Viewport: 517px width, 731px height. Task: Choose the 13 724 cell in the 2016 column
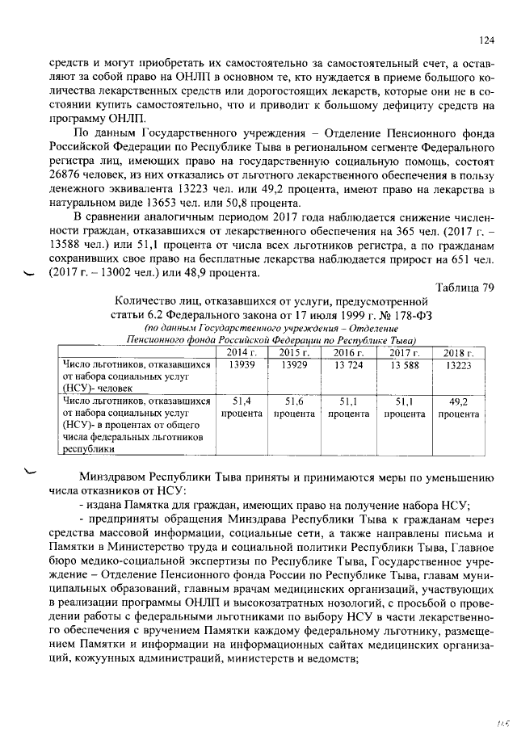coord(350,365)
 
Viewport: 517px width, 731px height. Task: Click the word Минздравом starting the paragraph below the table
coord(112,476)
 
